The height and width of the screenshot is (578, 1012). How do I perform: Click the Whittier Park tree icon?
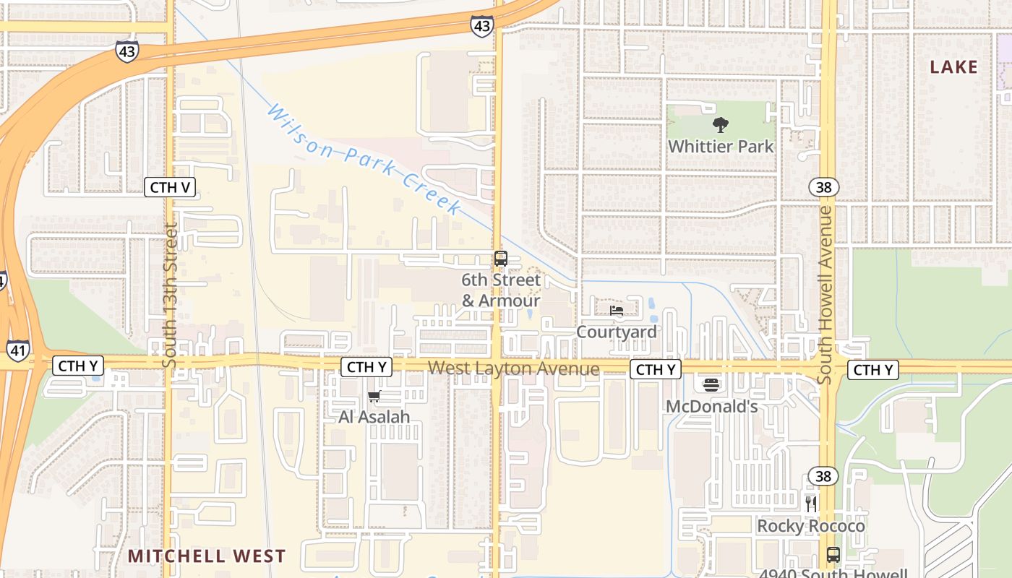(720, 125)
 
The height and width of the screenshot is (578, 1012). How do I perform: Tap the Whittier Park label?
(721, 147)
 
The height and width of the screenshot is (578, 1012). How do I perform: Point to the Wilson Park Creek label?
(364, 159)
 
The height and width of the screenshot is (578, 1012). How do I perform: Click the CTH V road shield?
(170, 188)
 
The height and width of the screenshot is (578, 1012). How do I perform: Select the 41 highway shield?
(18, 350)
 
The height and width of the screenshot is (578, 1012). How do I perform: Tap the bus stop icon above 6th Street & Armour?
(501, 259)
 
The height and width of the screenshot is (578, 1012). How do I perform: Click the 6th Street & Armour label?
(501, 290)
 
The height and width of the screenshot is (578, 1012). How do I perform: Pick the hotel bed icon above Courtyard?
(617, 311)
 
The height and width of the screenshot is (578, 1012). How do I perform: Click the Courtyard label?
(617, 332)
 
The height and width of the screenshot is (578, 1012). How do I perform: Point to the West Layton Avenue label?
(513, 369)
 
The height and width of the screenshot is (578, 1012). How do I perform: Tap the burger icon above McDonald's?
(711, 385)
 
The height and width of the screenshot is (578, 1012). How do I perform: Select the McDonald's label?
(711, 407)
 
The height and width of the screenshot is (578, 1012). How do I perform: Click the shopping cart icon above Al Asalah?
(374, 396)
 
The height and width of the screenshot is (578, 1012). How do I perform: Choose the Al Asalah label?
(374, 417)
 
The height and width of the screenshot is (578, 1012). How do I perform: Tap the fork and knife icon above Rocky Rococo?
(811, 504)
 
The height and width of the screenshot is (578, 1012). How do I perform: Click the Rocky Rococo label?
(811, 526)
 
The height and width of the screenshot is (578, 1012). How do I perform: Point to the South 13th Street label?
(171, 295)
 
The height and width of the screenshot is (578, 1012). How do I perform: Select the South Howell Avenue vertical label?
(825, 295)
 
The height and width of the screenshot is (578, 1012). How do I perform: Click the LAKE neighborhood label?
(953, 68)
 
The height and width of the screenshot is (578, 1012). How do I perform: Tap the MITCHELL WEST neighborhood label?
(207, 556)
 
